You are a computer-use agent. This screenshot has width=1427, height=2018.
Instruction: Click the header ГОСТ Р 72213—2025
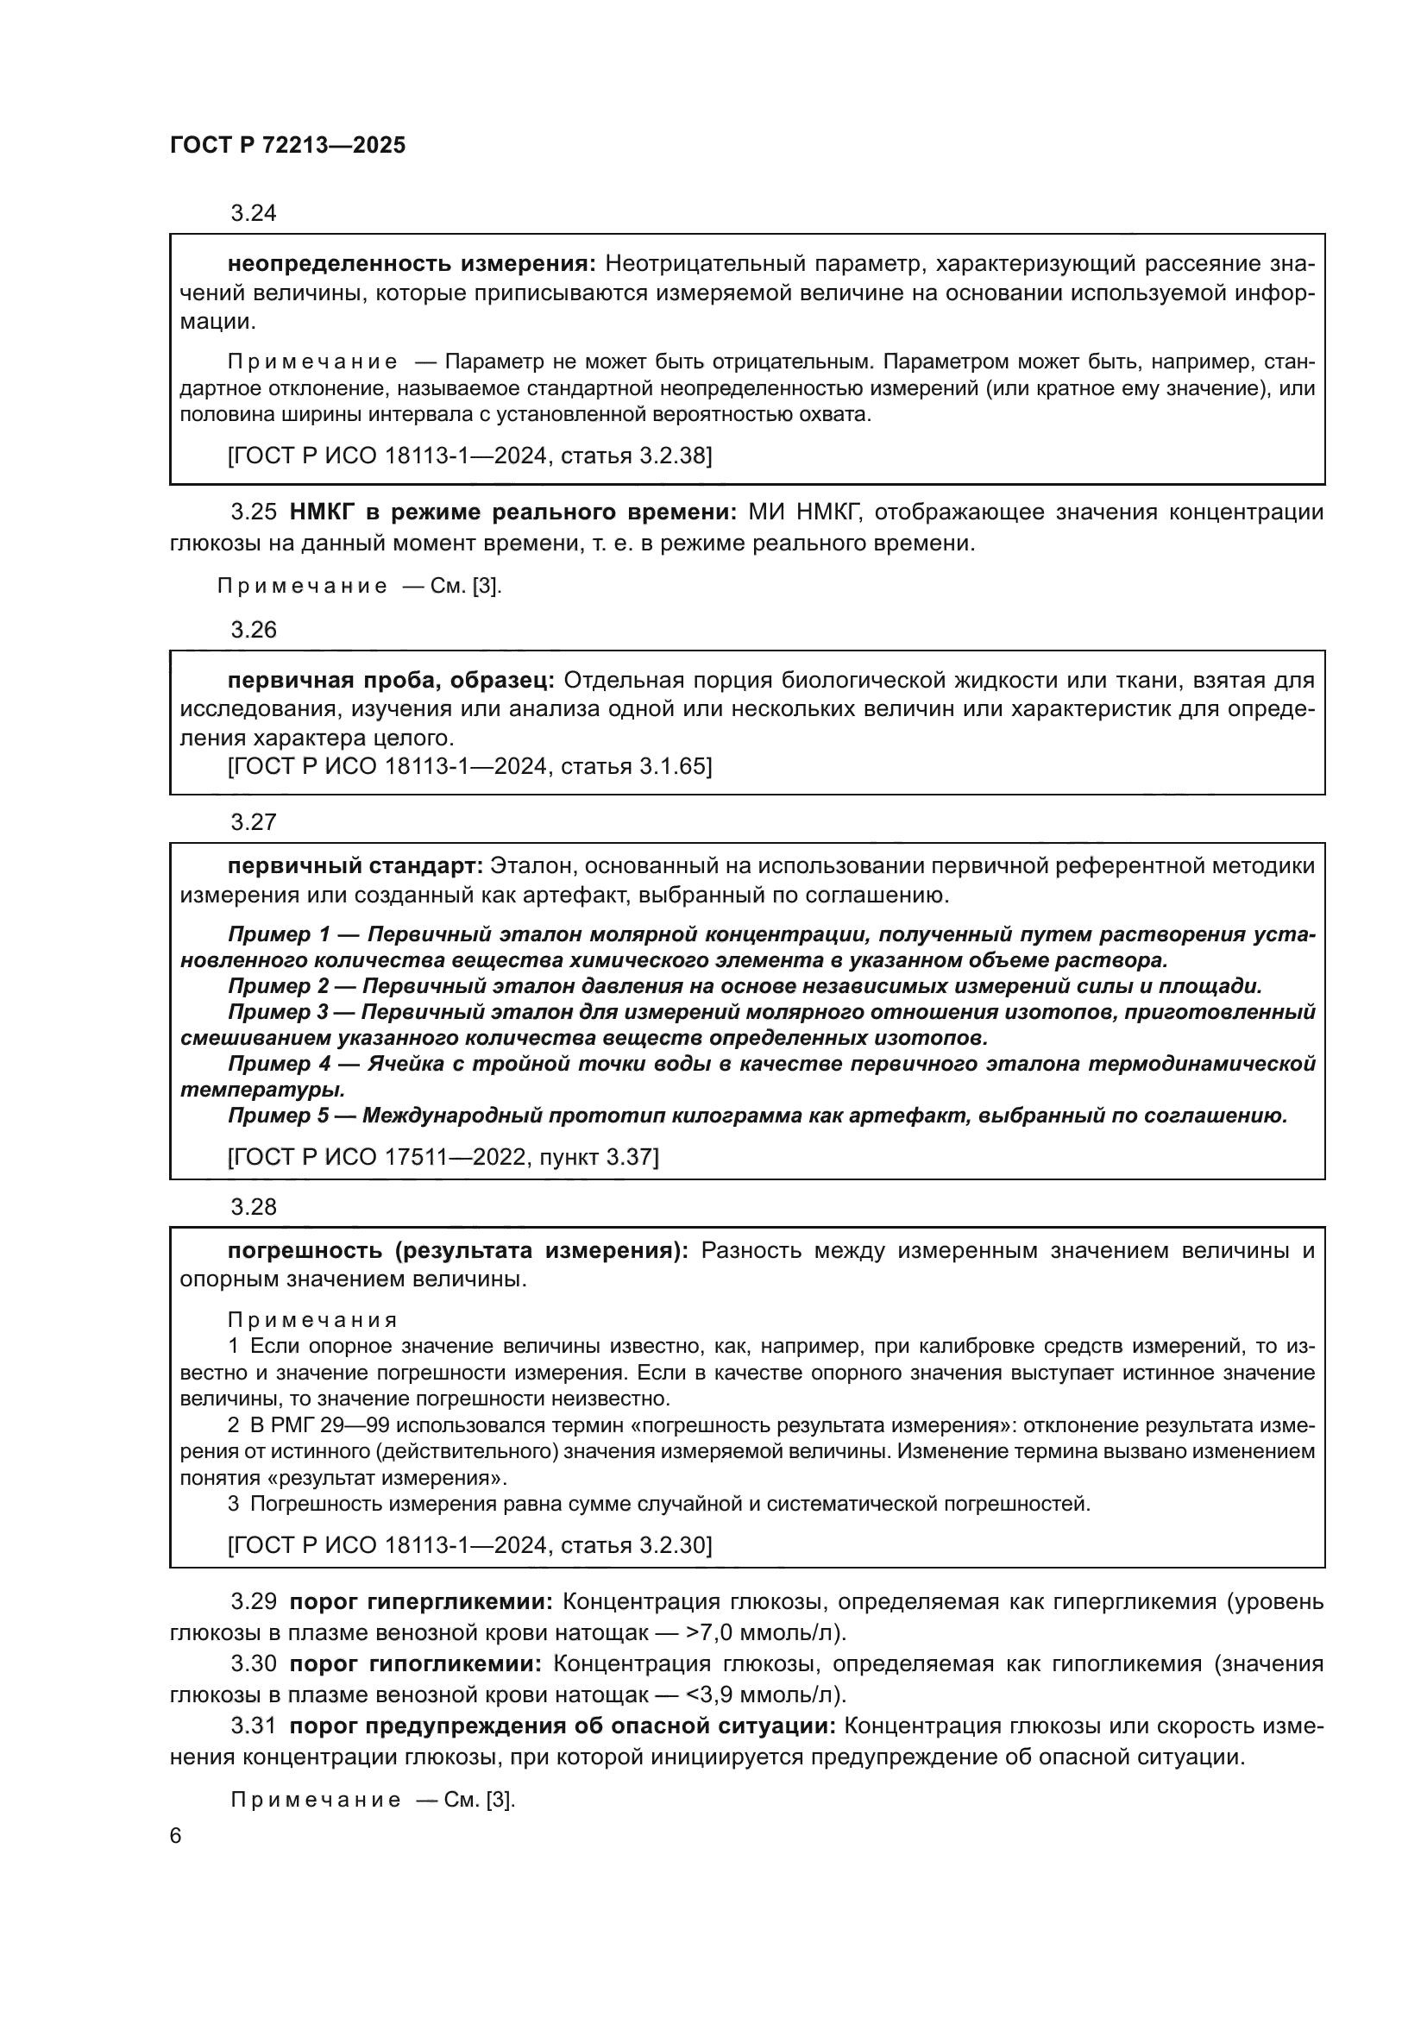(x=287, y=146)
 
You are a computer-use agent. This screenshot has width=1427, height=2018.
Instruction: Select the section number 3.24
(x=253, y=214)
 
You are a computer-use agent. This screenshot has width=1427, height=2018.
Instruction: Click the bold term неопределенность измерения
(x=412, y=264)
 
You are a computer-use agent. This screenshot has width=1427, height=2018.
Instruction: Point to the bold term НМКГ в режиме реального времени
(x=513, y=512)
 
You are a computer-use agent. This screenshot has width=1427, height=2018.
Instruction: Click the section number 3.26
(x=253, y=630)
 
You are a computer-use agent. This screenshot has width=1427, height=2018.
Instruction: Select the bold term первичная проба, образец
(x=390, y=680)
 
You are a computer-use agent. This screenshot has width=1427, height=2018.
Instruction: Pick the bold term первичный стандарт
(x=355, y=865)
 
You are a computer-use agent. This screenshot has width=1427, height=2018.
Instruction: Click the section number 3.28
(x=253, y=1207)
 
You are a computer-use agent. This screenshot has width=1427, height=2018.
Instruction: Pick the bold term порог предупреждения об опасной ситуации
(x=563, y=1726)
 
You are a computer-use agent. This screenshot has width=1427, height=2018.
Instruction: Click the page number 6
(x=176, y=1837)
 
